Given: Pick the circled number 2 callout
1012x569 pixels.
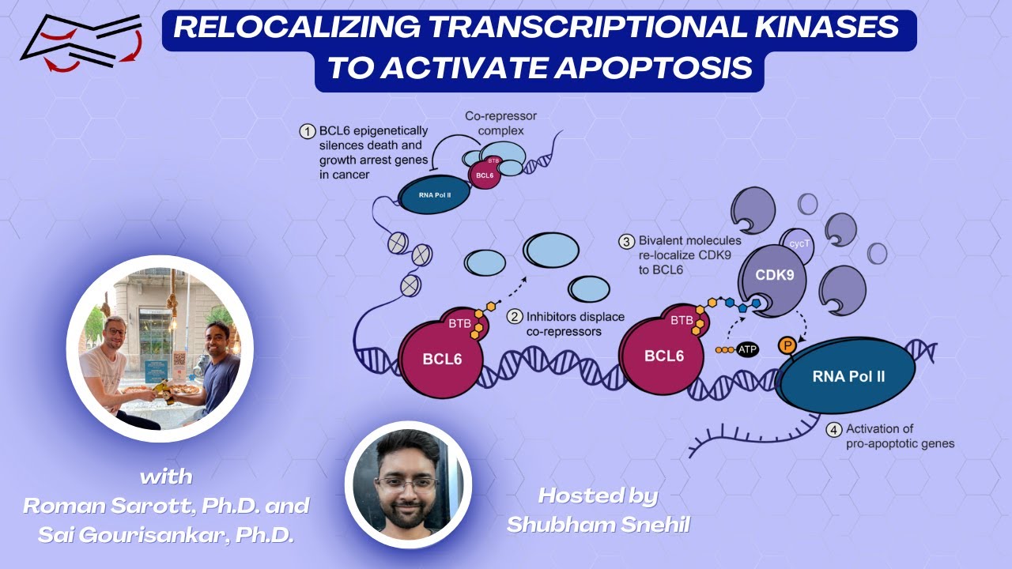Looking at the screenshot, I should (x=515, y=317).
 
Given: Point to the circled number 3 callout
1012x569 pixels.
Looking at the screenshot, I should (x=625, y=241).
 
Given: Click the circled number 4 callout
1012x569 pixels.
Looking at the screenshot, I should (x=834, y=430).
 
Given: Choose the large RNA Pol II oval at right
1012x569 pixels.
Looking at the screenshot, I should (x=848, y=377).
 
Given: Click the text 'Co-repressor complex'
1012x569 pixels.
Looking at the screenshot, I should (x=501, y=123).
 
